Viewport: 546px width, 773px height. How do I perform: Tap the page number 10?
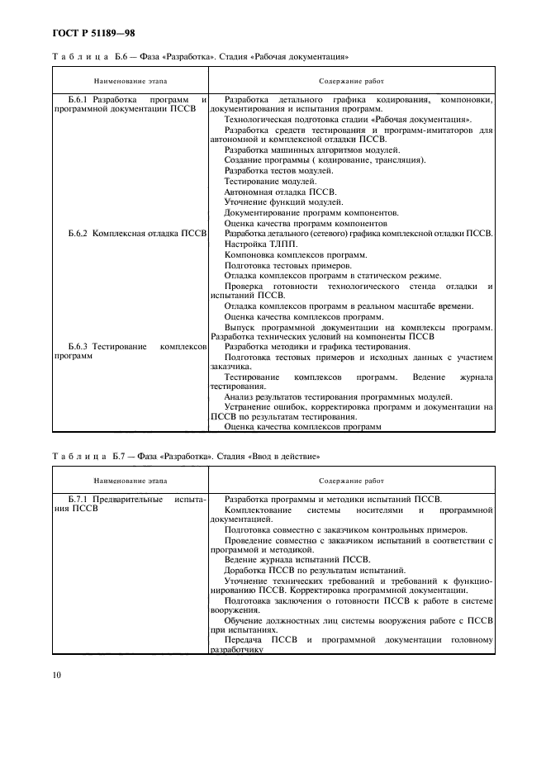(58, 675)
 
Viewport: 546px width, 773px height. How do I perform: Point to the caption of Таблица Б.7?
(186, 457)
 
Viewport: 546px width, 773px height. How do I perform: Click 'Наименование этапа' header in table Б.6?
(131, 82)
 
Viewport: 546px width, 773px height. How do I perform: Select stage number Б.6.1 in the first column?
(79, 99)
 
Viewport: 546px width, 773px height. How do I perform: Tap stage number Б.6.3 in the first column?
(79, 347)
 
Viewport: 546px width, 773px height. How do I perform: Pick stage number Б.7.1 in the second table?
(79, 500)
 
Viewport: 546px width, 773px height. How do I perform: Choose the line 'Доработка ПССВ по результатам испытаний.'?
(314, 570)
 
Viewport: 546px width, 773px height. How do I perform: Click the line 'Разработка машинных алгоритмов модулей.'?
(312, 149)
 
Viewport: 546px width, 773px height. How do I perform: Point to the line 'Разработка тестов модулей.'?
(278, 170)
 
